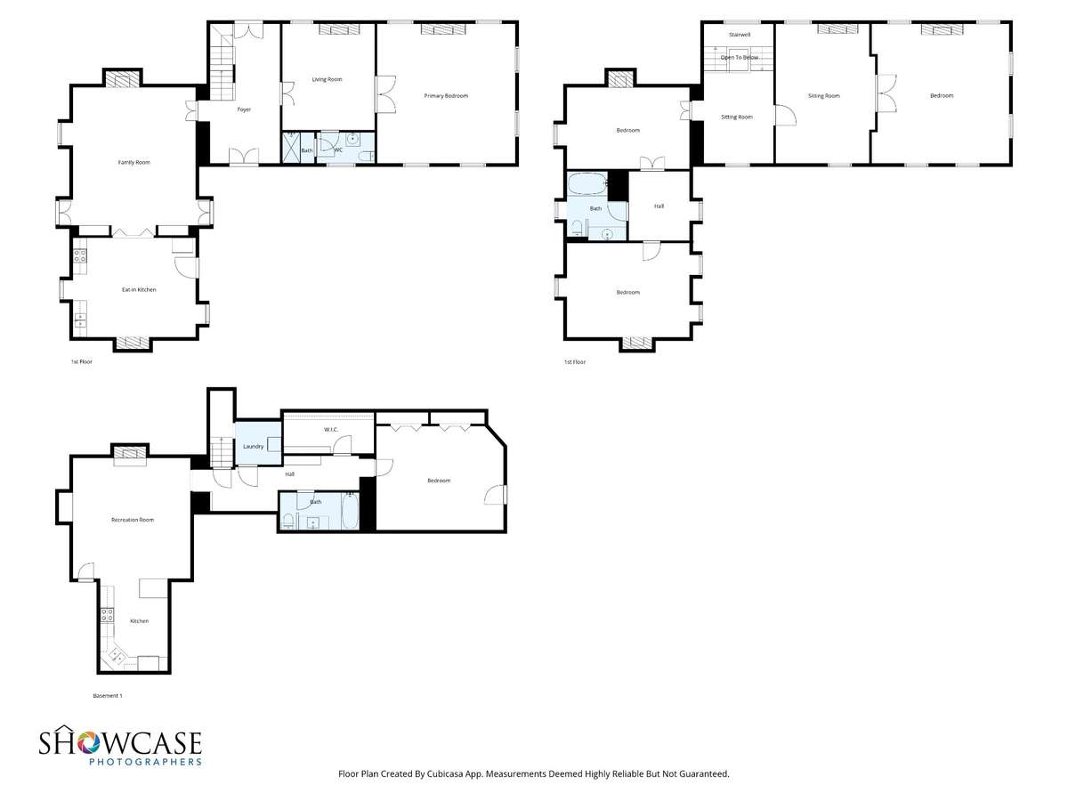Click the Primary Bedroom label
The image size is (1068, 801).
(x=446, y=96)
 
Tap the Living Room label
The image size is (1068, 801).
(x=327, y=79)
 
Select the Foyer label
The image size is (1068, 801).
(x=244, y=109)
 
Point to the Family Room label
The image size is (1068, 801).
(x=134, y=163)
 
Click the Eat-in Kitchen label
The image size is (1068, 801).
(x=139, y=290)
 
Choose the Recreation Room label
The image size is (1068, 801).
(x=133, y=520)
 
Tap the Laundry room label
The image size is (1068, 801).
(x=253, y=447)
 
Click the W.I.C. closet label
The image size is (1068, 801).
(x=331, y=430)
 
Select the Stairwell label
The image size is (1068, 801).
(x=739, y=35)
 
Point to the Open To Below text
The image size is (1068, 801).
(x=739, y=57)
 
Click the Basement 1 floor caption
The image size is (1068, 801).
(x=107, y=696)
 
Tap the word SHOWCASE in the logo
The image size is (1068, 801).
(x=120, y=743)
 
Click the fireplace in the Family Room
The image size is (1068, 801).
(x=122, y=80)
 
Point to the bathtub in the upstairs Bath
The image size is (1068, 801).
(x=587, y=183)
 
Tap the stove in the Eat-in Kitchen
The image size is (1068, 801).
(x=80, y=255)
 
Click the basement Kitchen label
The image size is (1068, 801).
(x=139, y=621)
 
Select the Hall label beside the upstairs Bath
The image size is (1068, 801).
(x=659, y=206)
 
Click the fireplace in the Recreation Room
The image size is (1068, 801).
(x=130, y=453)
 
